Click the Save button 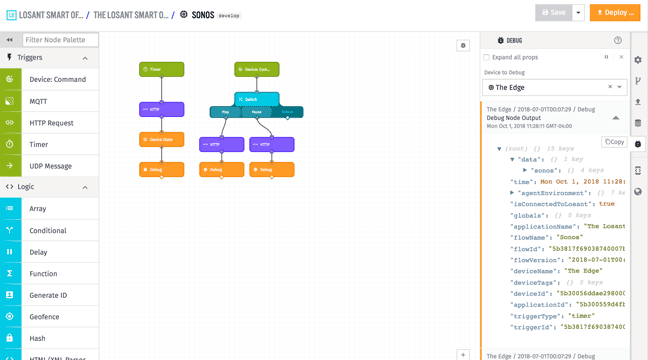tap(553, 13)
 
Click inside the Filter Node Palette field tap(60, 40)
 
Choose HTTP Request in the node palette tap(51, 123)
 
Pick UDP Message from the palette tap(50, 166)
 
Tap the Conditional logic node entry tap(48, 230)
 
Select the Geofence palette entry tap(44, 316)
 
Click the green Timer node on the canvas tap(161, 70)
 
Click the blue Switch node tap(256, 100)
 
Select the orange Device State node tap(161, 140)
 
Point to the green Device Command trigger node tap(256, 70)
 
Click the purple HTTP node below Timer tap(161, 109)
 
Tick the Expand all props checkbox tap(487, 57)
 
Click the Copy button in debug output tap(614, 142)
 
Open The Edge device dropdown tap(554, 87)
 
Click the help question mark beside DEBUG tap(617, 41)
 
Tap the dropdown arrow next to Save tap(579, 13)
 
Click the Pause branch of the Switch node tap(256, 112)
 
